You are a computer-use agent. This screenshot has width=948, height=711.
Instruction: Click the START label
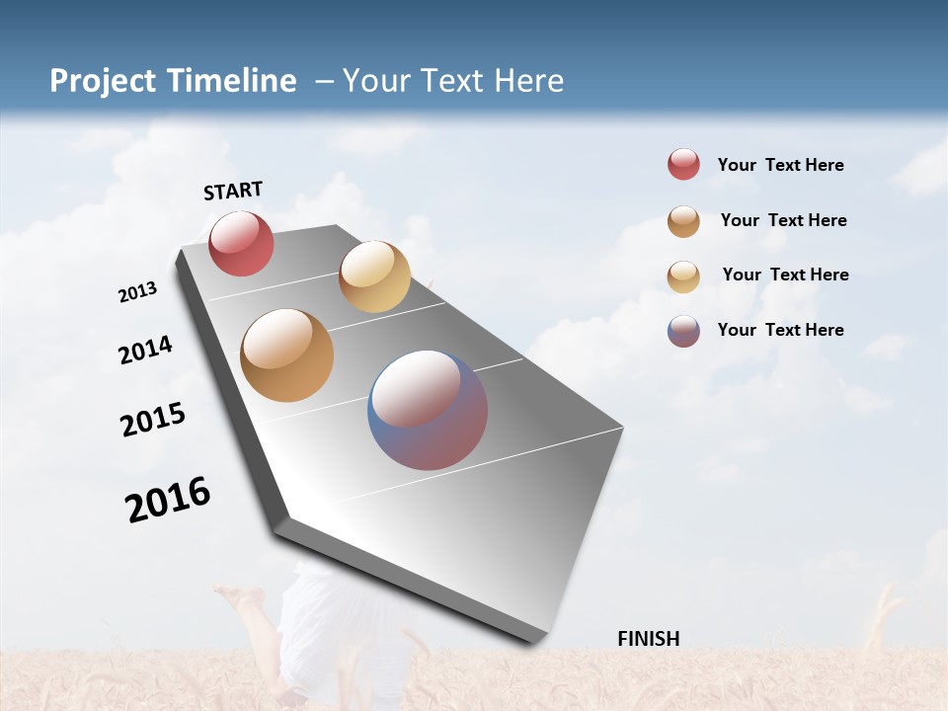(233, 191)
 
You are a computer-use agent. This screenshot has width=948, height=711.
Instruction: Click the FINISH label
(648, 639)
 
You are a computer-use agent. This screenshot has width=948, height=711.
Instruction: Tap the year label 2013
(138, 292)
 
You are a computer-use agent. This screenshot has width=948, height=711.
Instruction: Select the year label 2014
(146, 351)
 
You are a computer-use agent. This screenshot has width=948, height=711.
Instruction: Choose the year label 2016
(168, 500)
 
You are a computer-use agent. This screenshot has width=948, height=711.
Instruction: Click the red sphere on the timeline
(241, 243)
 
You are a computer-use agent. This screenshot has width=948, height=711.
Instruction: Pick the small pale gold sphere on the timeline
(374, 276)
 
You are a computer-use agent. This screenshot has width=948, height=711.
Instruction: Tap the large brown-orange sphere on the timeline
(286, 355)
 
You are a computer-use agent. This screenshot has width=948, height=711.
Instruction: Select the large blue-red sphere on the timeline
(428, 410)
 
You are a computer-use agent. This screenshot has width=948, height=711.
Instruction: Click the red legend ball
(683, 164)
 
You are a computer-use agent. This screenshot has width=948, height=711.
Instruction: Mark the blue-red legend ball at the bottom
(683, 331)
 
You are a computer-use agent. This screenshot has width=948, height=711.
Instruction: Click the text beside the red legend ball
(780, 165)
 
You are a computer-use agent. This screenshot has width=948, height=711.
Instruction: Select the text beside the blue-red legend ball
(780, 330)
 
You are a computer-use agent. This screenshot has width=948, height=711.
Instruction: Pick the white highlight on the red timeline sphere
(237, 233)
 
